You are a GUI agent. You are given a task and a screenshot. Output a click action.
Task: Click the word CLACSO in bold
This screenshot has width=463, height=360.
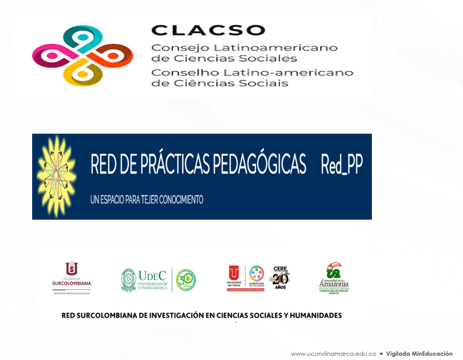pos(208,31)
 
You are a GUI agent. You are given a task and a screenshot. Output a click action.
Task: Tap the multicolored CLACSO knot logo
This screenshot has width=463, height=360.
pos(83,56)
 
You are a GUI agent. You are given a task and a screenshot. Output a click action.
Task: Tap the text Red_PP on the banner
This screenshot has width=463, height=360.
pos(342,165)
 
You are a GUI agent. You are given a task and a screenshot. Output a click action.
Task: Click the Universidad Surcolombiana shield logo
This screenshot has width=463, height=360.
pos(72,269)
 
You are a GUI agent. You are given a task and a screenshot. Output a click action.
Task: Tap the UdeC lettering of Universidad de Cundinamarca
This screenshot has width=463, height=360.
pos(153,275)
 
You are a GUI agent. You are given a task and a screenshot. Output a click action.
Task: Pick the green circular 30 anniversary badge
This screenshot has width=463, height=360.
pos(186,279)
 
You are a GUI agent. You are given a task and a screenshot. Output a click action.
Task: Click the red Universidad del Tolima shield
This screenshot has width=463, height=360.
pos(234,273)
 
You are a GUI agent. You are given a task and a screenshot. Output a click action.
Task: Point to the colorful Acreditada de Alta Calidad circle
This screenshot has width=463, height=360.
pos(257,273)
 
